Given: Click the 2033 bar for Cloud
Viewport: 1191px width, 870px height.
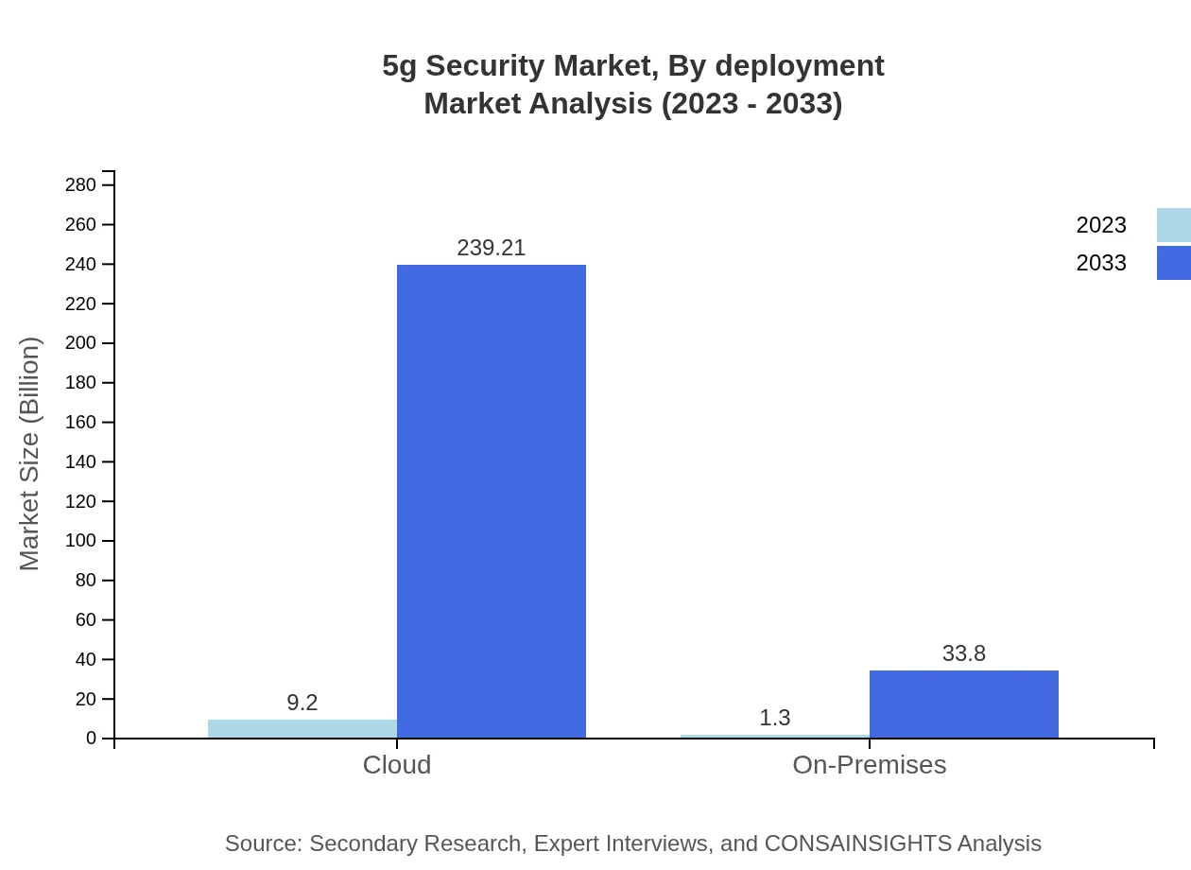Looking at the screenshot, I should (492, 501).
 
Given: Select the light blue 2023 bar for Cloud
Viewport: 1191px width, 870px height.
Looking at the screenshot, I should (302, 729).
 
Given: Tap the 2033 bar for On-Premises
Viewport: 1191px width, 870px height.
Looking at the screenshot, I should (964, 705).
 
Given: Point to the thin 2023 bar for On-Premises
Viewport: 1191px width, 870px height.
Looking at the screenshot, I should (775, 736).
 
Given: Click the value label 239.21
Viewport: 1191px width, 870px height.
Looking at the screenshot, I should (492, 248).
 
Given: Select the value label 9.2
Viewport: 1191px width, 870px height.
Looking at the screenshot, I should (302, 703).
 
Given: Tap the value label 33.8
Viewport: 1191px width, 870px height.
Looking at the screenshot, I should (964, 653).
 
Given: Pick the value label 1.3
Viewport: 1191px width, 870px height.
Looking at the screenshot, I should (775, 718).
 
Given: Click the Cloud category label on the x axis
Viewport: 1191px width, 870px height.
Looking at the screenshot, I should (397, 764).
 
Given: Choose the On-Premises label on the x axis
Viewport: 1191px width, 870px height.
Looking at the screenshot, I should (870, 764).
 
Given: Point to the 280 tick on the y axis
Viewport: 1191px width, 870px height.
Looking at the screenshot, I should (81, 185).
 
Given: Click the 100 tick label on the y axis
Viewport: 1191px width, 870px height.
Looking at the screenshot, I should (81, 541).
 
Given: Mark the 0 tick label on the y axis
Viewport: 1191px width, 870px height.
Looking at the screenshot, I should (92, 739).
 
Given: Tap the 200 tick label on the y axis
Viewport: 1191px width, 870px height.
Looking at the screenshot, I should (81, 343).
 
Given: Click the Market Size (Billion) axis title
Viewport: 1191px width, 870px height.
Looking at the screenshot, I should (30, 454).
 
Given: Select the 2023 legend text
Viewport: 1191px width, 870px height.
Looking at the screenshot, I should (1101, 225).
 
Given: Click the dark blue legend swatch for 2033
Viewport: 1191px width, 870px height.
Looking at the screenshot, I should (1174, 263).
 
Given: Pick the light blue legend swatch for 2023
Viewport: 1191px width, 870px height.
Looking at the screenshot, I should (1174, 225).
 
